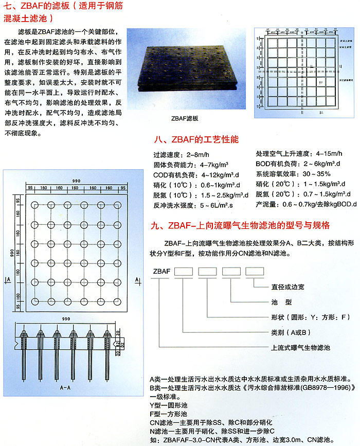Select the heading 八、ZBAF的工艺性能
pos(196,139)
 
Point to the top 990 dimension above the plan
pos(77,180)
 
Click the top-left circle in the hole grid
pos(34,206)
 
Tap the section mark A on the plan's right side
pos(137,278)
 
